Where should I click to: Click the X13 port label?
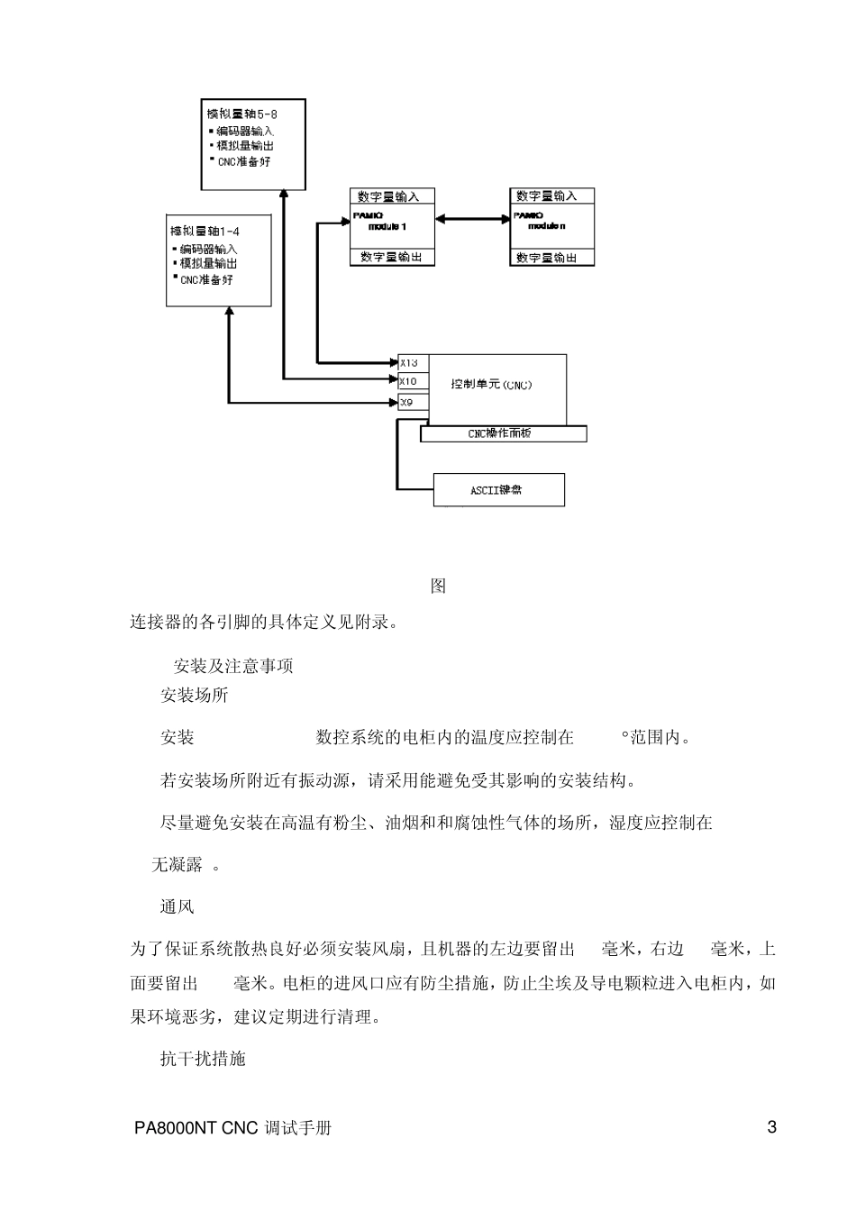tap(409, 363)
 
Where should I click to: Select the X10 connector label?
tap(409, 382)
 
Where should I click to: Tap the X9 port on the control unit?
tap(407, 402)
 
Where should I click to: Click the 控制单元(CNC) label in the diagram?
tap(492, 385)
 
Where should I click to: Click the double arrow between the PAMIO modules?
tap(471, 217)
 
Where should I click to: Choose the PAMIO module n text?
tap(541, 222)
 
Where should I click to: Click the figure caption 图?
tap(438, 586)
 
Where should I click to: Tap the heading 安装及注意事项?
tap(232, 667)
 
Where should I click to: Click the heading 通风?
tap(177, 906)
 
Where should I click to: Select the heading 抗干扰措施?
tap(202, 1059)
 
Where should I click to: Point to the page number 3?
tap(771, 1126)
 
